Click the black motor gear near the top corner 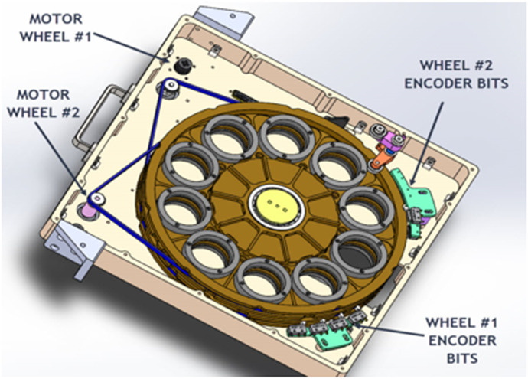click(184, 68)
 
